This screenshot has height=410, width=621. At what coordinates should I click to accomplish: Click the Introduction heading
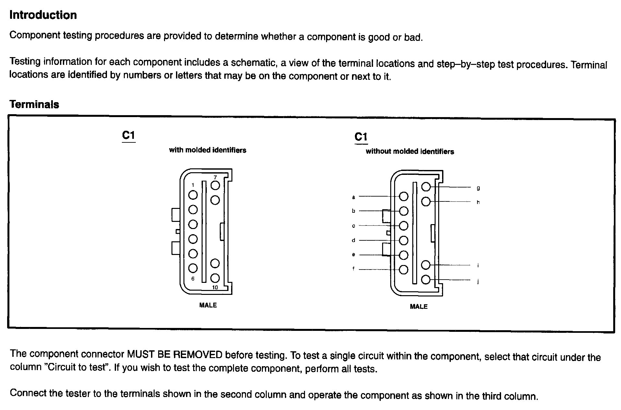(x=43, y=15)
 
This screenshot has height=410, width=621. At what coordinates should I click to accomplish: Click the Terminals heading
(x=34, y=104)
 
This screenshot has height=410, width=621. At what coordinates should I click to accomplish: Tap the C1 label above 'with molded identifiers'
(x=128, y=135)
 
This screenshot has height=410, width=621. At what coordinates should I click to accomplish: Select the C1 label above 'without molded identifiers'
(x=361, y=137)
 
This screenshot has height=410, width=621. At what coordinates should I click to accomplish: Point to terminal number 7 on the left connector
(x=215, y=177)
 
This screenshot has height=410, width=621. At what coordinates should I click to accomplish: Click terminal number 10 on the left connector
(x=215, y=287)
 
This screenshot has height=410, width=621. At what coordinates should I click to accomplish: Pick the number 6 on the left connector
(x=193, y=279)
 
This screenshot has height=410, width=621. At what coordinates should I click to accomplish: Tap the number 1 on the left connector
(x=193, y=185)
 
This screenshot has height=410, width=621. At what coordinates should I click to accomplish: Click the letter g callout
(x=478, y=188)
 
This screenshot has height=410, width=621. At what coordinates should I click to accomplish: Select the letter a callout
(x=354, y=197)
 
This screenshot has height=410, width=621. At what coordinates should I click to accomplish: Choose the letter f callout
(x=354, y=269)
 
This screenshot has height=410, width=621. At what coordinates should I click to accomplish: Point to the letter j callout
(x=478, y=282)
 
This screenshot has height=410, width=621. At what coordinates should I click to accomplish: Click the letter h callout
(x=478, y=202)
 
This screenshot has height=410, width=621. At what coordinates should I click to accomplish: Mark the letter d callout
(x=354, y=240)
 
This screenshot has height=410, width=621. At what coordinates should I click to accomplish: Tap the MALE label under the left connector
(x=208, y=305)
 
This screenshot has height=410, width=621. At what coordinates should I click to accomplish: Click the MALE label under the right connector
(x=419, y=307)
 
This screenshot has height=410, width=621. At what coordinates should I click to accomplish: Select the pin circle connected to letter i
(x=426, y=265)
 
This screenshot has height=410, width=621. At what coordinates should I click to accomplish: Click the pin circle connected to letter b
(x=404, y=211)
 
